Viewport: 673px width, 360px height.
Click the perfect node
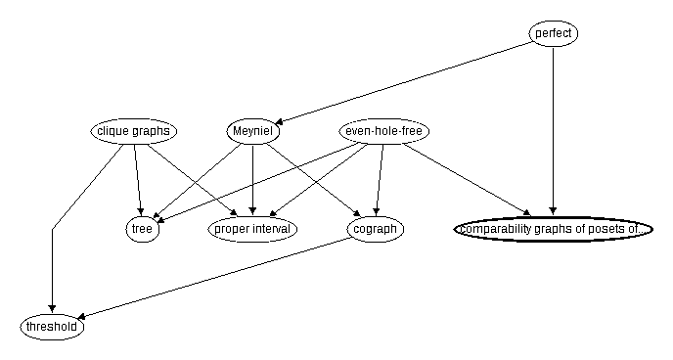pos(554,34)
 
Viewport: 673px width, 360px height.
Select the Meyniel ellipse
pos(254,131)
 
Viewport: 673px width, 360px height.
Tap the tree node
pos(143,229)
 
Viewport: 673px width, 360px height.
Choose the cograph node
pos(376,229)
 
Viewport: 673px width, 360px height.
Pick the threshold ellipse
pos(52,327)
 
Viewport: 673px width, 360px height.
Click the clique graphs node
pos(134,131)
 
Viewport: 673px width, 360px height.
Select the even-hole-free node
pos(385,131)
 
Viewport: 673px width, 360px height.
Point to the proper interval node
pos(253,229)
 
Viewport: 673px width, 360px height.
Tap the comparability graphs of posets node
pos(553,229)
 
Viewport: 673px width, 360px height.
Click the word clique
pos(113,131)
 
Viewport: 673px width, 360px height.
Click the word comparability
pos(496,229)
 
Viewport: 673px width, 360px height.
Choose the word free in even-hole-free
pos(414,131)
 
